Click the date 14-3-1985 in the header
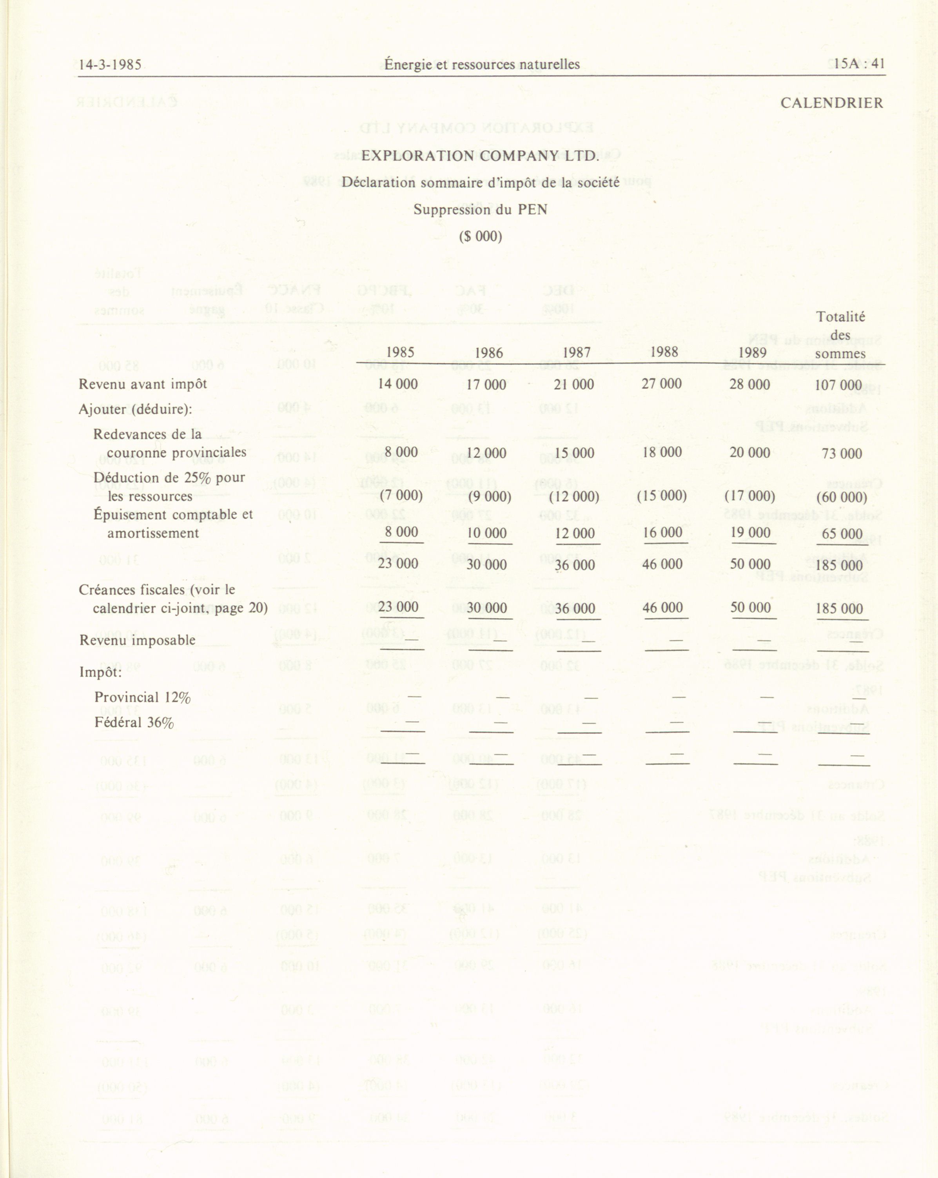tap(110, 65)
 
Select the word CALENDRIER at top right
tap(831, 103)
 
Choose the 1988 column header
tap(664, 352)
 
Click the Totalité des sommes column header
tap(840, 335)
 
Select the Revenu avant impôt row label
tap(143, 384)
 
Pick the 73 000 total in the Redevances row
tap(841, 454)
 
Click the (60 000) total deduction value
tap(841, 497)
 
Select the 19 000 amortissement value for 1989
tap(750, 533)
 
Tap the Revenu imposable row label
tap(138, 640)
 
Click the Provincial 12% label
tap(142, 698)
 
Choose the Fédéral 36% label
tap(134, 723)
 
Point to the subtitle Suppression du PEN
tap(480, 210)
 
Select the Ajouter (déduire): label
tap(136, 409)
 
